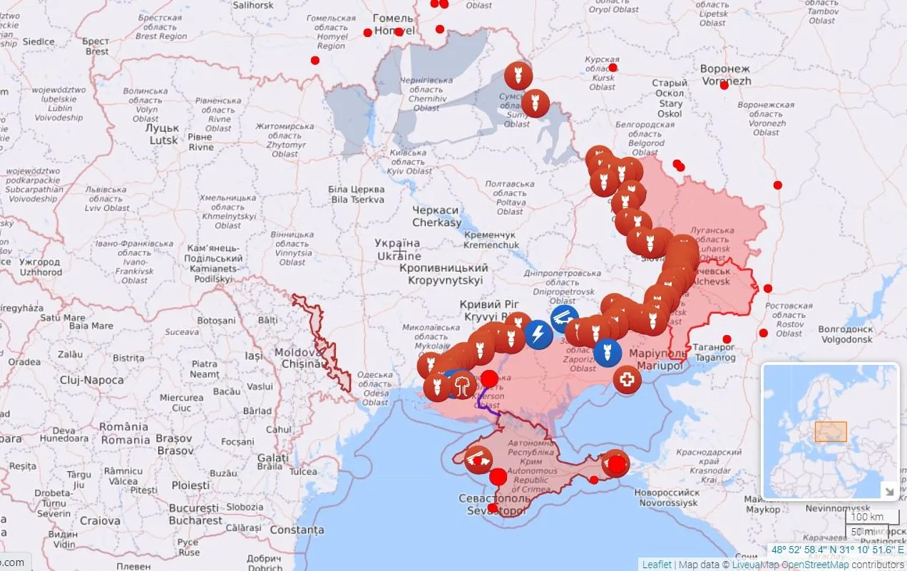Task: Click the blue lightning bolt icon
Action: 538,334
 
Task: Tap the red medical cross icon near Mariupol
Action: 627,379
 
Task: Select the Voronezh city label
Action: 725,75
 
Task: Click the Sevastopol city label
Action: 495,504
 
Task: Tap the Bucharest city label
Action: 195,514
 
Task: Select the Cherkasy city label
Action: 436,217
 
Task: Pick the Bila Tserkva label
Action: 356,195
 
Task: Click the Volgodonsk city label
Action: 845,334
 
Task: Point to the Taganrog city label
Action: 714,352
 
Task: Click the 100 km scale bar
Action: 868,517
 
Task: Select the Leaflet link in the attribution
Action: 656,564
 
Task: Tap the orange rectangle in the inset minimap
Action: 831,431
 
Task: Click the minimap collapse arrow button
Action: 889,490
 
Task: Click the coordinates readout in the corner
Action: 836,550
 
